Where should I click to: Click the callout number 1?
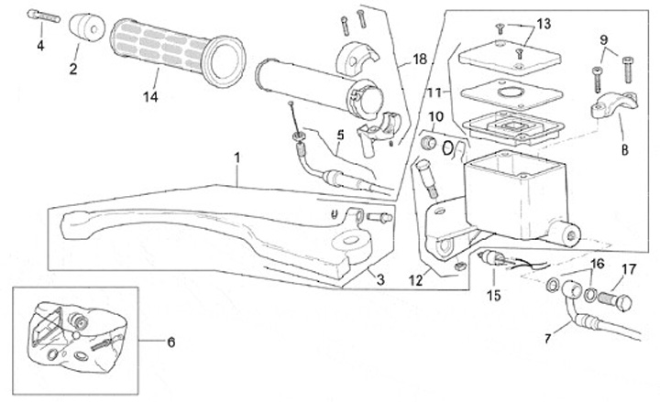(236, 157)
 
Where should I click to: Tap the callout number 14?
(150, 94)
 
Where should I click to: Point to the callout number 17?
(629, 269)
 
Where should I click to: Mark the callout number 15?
(495, 295)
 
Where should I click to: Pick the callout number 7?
(548, 338)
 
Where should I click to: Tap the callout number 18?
(419, 58)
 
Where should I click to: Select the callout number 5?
(339, 135)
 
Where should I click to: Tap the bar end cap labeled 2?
(86, 27)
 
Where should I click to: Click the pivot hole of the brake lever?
(348, 241)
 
